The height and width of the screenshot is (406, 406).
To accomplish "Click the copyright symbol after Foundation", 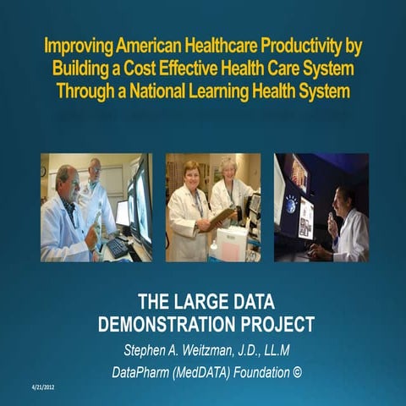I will click(295, 370).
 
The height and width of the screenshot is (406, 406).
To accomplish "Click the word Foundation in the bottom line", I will click(250, 370).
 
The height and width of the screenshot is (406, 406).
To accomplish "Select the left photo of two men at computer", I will click(96, 207).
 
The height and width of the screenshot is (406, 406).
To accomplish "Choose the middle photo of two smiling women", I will click(212, 207).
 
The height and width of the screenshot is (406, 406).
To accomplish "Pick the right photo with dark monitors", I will click(321, 207).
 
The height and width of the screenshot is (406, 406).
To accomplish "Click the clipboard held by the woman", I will click(219, 217).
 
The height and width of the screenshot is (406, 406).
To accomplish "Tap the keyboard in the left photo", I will click(117, 246).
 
